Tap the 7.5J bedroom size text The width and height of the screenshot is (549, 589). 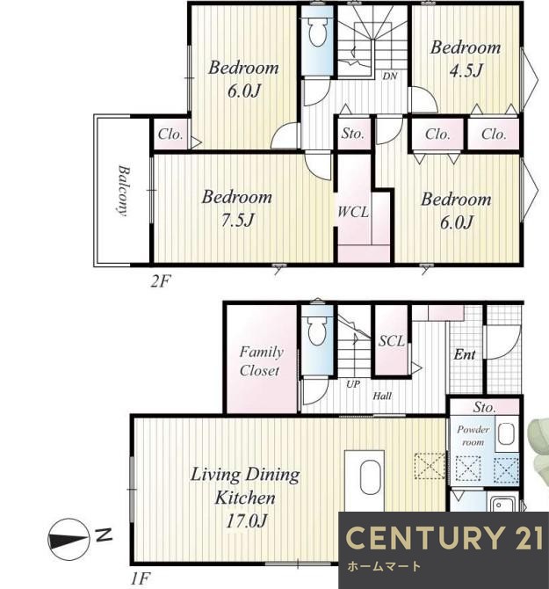(x=237, y=220)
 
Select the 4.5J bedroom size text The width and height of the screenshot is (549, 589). (x=466, y=70)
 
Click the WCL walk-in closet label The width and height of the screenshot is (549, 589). (x=353, y=212)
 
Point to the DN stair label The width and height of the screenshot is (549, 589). (x=390, y=76)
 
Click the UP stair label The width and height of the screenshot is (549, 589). (x=353, y=384)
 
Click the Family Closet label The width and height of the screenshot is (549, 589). (x=260, y=361)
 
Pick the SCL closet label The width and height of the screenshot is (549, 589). (x=392, y=341)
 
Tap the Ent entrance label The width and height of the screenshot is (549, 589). (x=465, y=354)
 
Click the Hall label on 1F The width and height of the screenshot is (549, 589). (x=382, y=396)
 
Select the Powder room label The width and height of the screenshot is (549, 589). (x=473, y=436)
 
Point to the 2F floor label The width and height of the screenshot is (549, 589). (x=161, y=280)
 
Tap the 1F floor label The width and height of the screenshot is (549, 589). (x=141, y=578)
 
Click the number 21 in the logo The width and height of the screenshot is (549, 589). (x=526, y=537)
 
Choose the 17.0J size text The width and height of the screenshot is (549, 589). (x=247, y=521)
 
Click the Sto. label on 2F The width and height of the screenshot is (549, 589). (x=353, y=134)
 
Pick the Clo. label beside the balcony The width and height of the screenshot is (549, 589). (x=170, y=135)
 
